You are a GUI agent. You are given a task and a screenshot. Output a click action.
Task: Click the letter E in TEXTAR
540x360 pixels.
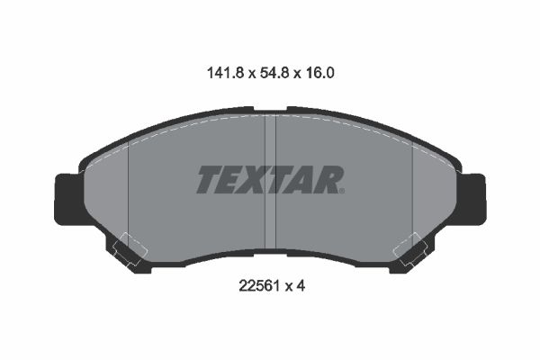click(x=231, y=179)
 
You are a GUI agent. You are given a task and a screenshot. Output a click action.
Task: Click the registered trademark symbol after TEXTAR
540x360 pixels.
click(x=342, y=191)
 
